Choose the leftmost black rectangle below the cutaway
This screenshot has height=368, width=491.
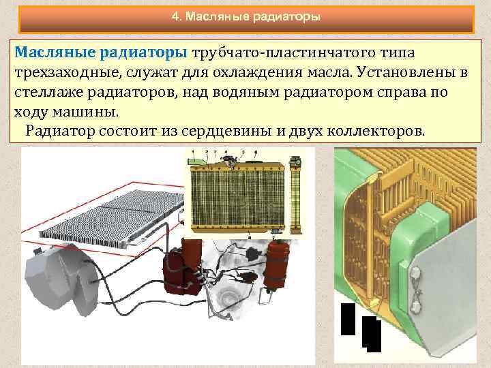pyautogui.click(x=348, y=319)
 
